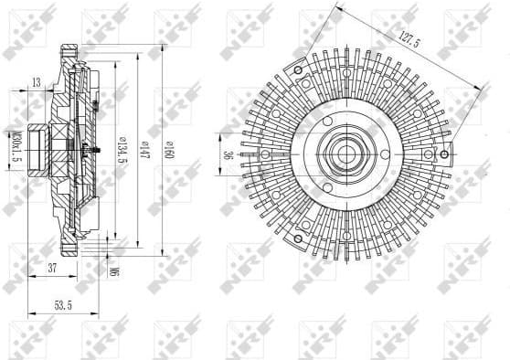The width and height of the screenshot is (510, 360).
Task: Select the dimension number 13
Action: click(x=37, y=83)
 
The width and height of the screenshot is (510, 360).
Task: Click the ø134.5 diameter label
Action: click(x=119, y=146)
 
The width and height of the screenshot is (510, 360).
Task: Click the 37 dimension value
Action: click(x=52, y=267)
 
